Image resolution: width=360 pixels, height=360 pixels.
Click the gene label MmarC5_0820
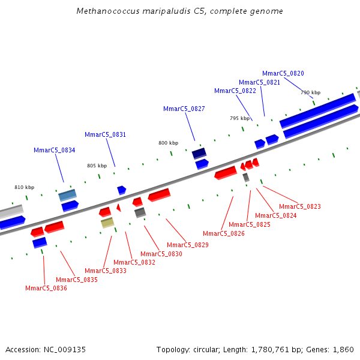tap(283, 73)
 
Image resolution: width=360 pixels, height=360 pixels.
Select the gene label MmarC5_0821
tap(259, 82)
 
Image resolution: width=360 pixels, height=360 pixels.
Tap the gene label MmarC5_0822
tap(235, 91)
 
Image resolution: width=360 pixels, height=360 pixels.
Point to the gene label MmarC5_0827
tap(184, 109)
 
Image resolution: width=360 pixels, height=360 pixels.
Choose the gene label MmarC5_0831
tap(105, 134)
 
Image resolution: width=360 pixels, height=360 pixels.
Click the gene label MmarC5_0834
tap(54, 150)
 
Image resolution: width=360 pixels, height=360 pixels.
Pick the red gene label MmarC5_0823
tap(299, 206)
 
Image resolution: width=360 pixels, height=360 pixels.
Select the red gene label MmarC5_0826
tap(223, 233)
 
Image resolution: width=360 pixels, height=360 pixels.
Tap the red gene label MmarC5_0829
tap(187, 245)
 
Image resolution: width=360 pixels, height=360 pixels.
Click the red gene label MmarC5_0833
tap(105, 271)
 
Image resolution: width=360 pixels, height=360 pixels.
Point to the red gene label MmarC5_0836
tap(46, 288)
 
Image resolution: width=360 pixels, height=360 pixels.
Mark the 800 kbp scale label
tap(168, 143)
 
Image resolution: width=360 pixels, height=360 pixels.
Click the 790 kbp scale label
tap(310, 92)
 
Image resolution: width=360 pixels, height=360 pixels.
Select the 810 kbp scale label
tap(24, 187)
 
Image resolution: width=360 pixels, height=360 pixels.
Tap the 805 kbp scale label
tap(97, 166)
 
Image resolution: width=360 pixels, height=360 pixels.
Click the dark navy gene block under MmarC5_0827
tap(199, 153)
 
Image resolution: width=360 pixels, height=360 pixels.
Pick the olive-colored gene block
tap(107, 223)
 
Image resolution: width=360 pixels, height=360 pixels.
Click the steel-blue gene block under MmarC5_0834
tap(67, 195)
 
